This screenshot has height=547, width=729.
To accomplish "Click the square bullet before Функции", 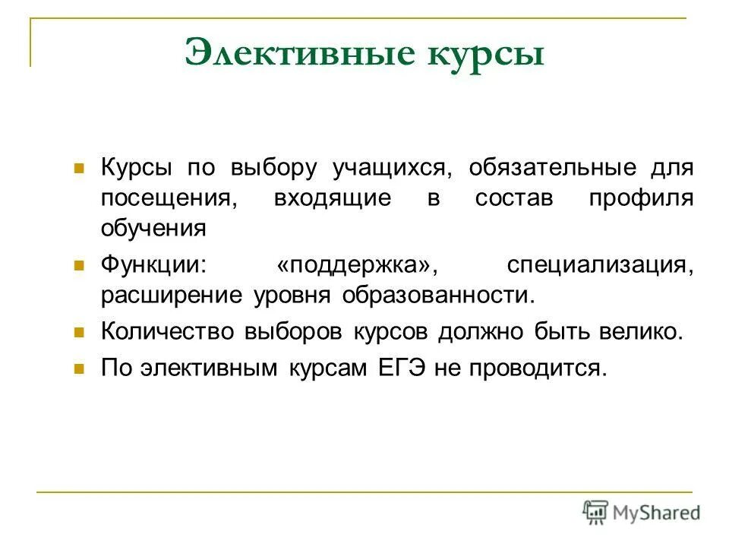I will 77,266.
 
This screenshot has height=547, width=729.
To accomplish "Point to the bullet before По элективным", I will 77,368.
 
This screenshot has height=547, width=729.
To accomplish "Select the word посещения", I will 165,199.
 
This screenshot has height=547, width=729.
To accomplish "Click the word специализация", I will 599,266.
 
